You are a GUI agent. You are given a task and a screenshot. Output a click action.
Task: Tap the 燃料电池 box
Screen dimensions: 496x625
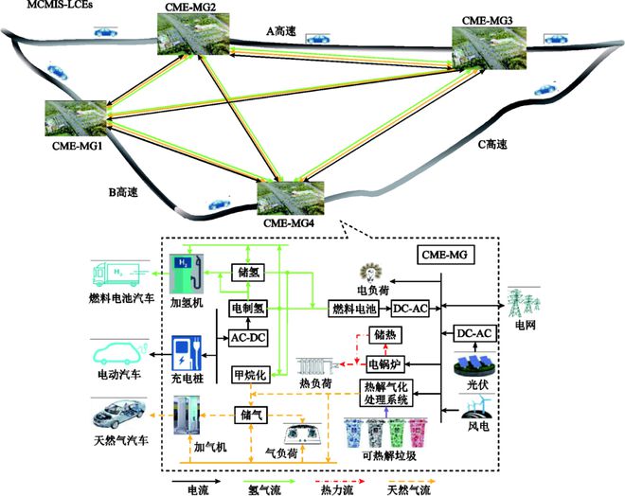pos(353,309)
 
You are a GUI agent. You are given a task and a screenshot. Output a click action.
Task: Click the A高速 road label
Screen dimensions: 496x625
pos(281,32)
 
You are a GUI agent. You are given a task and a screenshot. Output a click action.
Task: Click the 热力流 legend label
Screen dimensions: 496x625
pos(335,488)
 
